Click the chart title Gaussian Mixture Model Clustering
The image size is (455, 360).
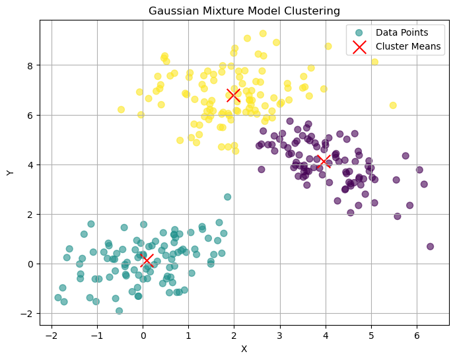(244, 11)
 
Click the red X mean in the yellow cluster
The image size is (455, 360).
(233, 94)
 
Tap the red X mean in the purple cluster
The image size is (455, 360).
(324, 161)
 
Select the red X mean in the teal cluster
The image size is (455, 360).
(148, 261)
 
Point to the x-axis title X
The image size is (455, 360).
(244, 349)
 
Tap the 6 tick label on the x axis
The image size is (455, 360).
(417, 336)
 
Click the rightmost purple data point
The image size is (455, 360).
(430, 246)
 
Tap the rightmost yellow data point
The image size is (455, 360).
(393, 105)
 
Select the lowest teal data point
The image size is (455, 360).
(119, 310)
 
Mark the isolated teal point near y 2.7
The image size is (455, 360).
(227, 197)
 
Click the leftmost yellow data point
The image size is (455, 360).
(121, 110)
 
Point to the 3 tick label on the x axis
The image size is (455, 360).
(280, 336)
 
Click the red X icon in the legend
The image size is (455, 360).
(359, 46)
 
